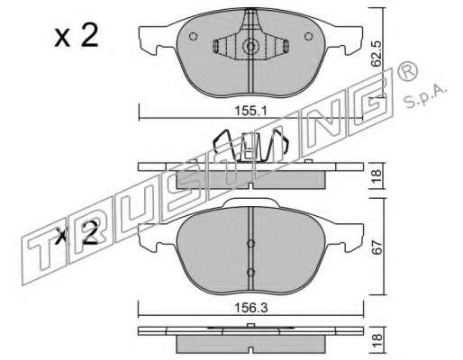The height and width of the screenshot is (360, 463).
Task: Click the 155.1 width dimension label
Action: [250, 112]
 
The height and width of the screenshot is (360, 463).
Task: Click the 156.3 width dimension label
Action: [250, 308]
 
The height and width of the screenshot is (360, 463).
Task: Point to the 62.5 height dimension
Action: [376, 53]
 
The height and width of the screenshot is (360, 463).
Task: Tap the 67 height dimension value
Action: [377, 247]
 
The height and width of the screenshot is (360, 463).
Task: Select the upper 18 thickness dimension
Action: [377, 175]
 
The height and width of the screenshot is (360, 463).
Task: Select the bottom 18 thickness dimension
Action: [377, 340]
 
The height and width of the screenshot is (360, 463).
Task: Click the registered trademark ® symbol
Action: [407, 71]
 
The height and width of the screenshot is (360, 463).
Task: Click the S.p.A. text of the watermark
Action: [425, 96]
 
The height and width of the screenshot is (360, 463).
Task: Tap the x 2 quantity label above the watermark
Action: [77, 36]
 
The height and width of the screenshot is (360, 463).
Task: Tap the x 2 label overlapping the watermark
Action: [77, 233]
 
